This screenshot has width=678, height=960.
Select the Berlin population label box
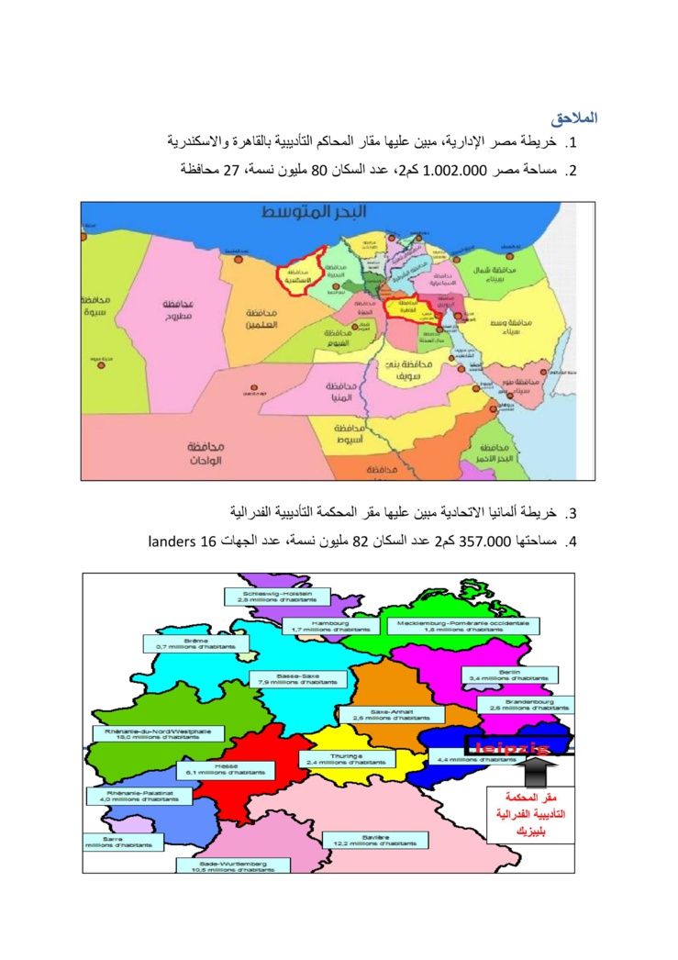pos(509,675)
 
